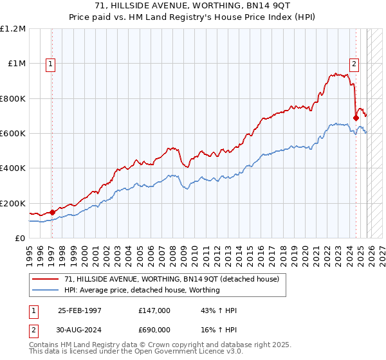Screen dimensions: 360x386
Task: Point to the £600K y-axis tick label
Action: pos(13,134)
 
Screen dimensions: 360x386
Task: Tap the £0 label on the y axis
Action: pos(20,239)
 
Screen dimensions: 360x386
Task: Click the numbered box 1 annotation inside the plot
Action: pos(51,64)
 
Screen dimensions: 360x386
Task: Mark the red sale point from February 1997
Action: pos(53,212)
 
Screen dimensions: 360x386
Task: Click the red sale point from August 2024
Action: pos(356,118)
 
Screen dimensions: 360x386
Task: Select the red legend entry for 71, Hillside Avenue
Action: pos(171,279)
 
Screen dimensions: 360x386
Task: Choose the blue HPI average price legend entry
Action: pos(142,290)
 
